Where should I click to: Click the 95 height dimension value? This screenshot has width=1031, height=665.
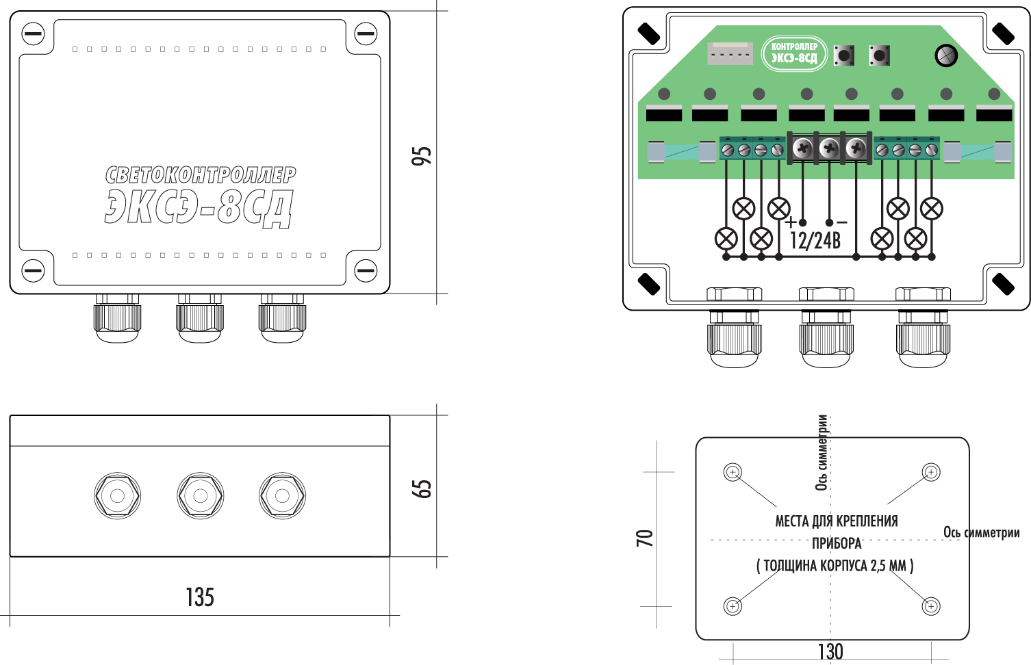tap(422, 155)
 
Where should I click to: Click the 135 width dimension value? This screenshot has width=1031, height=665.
tap(200, 597)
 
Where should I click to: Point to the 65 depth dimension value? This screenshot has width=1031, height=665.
tap(422, 488)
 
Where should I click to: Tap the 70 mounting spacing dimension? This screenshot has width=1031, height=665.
tap(645, 538)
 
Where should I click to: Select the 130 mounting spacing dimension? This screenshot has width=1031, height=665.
tap(830, 651)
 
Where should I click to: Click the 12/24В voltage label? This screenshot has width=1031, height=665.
tap(815, 240)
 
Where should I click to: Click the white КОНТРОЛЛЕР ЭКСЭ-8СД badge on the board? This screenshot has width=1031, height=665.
tap(794, 53)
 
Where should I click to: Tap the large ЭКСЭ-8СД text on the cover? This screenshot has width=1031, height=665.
tap(199, 207)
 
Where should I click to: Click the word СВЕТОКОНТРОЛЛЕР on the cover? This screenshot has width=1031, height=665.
tap(201, 175)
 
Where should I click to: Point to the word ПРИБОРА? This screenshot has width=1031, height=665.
tap(837, 544)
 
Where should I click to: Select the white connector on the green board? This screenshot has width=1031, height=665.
tap(729, 53)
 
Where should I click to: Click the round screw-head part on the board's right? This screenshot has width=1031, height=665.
tap(946, 55)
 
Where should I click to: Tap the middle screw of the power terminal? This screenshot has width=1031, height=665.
tap(829, 147)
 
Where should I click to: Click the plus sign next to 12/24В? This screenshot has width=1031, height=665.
tap(791, 222)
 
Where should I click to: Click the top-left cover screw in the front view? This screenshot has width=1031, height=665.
tap(33, 34)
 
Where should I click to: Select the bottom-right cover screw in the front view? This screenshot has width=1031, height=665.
tap(366, 270)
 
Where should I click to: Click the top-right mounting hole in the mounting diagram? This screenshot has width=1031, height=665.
tap(930, 472)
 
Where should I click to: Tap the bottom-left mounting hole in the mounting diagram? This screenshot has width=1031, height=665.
tap(733, 606)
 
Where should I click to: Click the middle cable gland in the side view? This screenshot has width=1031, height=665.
tap(200, 495)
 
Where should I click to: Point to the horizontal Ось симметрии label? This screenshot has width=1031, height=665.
tap(981, 532)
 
